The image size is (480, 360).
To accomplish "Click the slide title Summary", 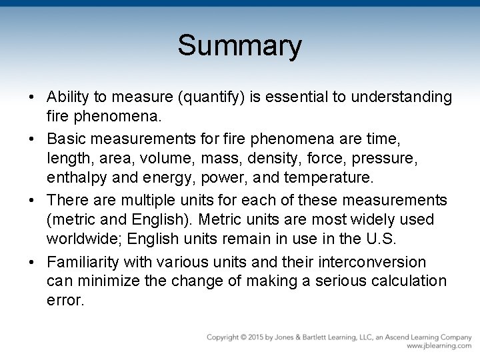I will (239, 46).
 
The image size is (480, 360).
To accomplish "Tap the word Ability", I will (68, 97).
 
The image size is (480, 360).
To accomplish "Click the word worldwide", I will (83, 238).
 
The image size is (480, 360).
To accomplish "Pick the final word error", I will (65, 300).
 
